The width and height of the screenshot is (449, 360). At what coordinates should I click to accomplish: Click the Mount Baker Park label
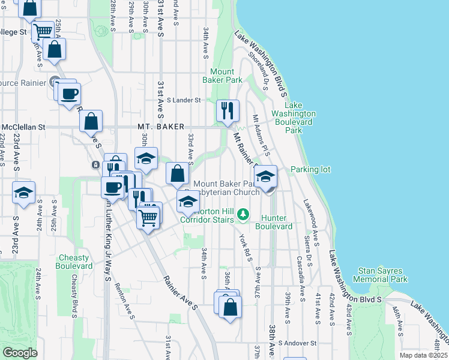222,76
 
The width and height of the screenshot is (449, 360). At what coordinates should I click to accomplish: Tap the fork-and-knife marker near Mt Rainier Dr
228,110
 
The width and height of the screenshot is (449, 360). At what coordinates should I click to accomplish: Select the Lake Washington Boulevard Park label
293,118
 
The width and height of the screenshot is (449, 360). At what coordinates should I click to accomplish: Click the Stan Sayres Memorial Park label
380,275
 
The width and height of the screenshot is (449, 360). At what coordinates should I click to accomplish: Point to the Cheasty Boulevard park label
74,262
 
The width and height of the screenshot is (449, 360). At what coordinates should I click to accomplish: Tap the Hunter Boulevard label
273,222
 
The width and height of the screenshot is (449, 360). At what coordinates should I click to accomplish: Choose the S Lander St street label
183,100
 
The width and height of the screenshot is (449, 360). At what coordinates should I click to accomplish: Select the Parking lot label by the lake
310,170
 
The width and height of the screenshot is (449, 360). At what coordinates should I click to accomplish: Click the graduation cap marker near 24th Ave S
24,193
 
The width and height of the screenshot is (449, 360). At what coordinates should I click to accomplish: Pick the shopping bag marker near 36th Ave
230,308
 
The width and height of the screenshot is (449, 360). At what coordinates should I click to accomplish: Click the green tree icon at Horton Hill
243,214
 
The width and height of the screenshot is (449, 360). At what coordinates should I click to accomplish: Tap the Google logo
20,353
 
